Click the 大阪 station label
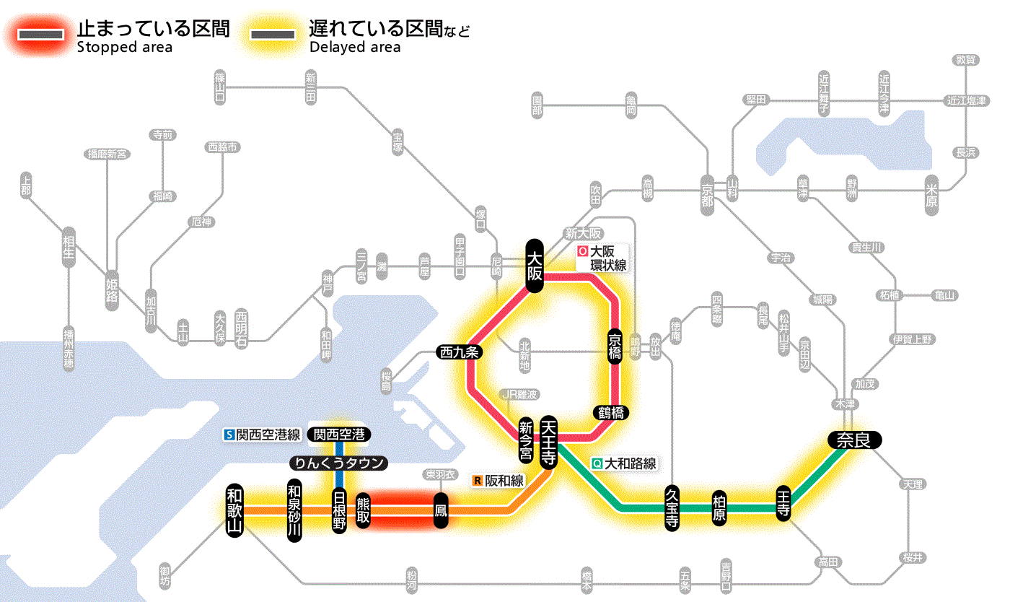[534, 266]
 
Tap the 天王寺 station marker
[548, 442]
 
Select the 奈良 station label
[853, 440]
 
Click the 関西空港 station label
[339, 435]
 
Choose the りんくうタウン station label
[338, 463]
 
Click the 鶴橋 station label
[610, 413]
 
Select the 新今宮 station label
[526, 440]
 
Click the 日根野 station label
[339, 510]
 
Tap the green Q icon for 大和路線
[597, 464]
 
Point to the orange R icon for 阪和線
[478, 480]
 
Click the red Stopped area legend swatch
[45, 34]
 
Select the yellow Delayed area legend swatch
[272, 34]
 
